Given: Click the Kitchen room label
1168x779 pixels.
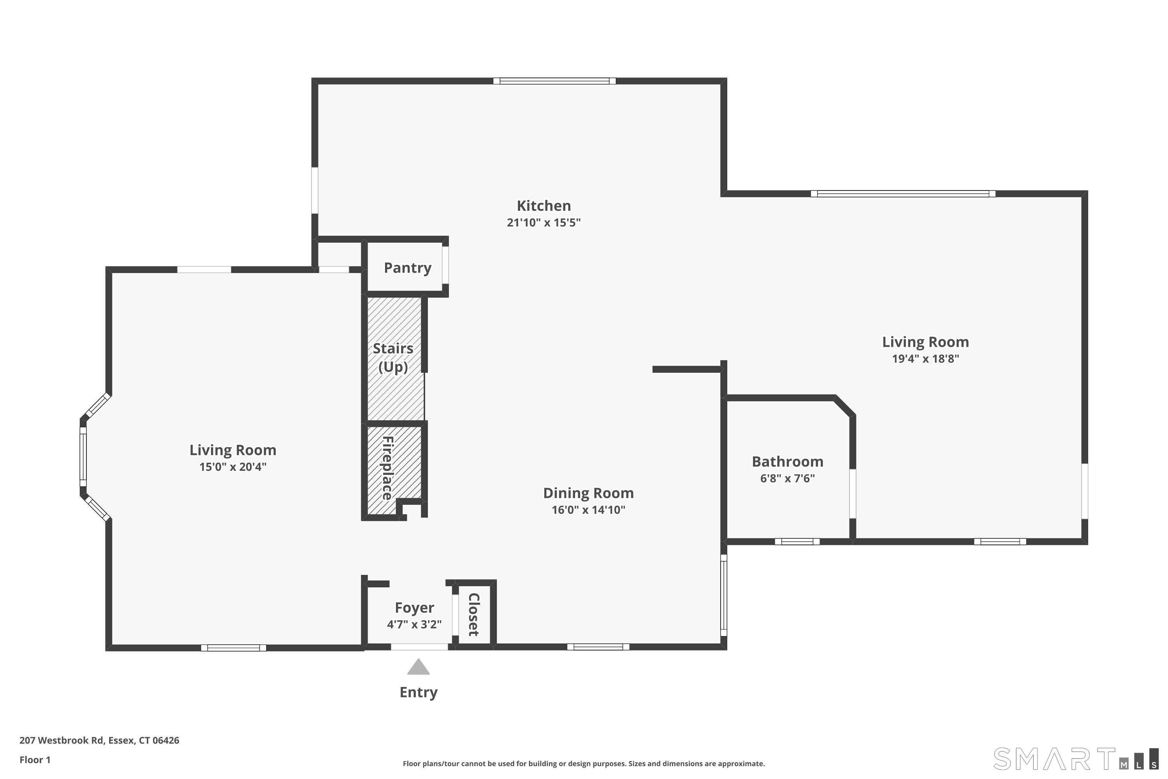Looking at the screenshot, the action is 544,206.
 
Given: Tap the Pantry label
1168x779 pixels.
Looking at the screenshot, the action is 408,268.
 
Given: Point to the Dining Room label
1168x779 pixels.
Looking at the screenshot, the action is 588,493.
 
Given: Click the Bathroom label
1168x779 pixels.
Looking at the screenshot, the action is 788,462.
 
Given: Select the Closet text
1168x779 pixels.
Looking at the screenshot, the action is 474,614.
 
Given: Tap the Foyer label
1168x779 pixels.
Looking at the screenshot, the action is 414,608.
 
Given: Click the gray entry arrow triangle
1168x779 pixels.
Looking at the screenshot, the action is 419,667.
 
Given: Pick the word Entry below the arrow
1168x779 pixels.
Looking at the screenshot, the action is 419,693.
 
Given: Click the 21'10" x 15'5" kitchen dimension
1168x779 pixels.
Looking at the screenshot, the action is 544,222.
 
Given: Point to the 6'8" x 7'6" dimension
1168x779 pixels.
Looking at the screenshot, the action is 788,478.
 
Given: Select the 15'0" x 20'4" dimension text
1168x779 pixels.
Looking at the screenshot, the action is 233,467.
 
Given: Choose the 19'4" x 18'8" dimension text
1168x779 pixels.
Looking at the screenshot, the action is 926,359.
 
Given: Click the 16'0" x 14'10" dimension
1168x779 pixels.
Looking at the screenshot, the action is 588,510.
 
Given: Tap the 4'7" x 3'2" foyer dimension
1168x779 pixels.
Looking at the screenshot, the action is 414,624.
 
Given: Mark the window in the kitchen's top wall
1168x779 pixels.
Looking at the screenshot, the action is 555,81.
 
